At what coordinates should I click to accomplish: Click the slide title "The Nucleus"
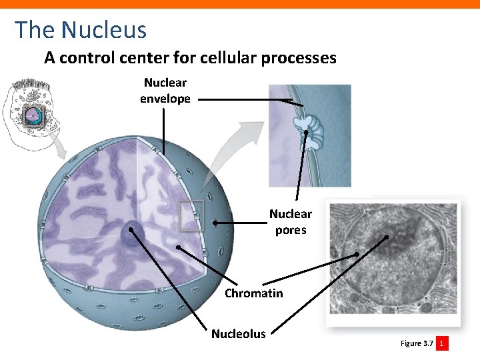(81, 29)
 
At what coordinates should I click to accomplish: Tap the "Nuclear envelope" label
(165, 91)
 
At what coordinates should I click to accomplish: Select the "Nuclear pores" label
(290, 222)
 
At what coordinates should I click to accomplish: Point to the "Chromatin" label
(253, 293)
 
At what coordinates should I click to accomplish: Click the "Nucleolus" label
(238, 333)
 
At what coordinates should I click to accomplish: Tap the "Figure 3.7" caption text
(417, 343)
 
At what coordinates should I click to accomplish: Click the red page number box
(442, 343)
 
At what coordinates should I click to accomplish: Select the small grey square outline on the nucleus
(191, 215)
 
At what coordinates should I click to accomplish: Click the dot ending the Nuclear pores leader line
(215, 223)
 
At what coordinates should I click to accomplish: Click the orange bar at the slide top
(240, 4)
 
